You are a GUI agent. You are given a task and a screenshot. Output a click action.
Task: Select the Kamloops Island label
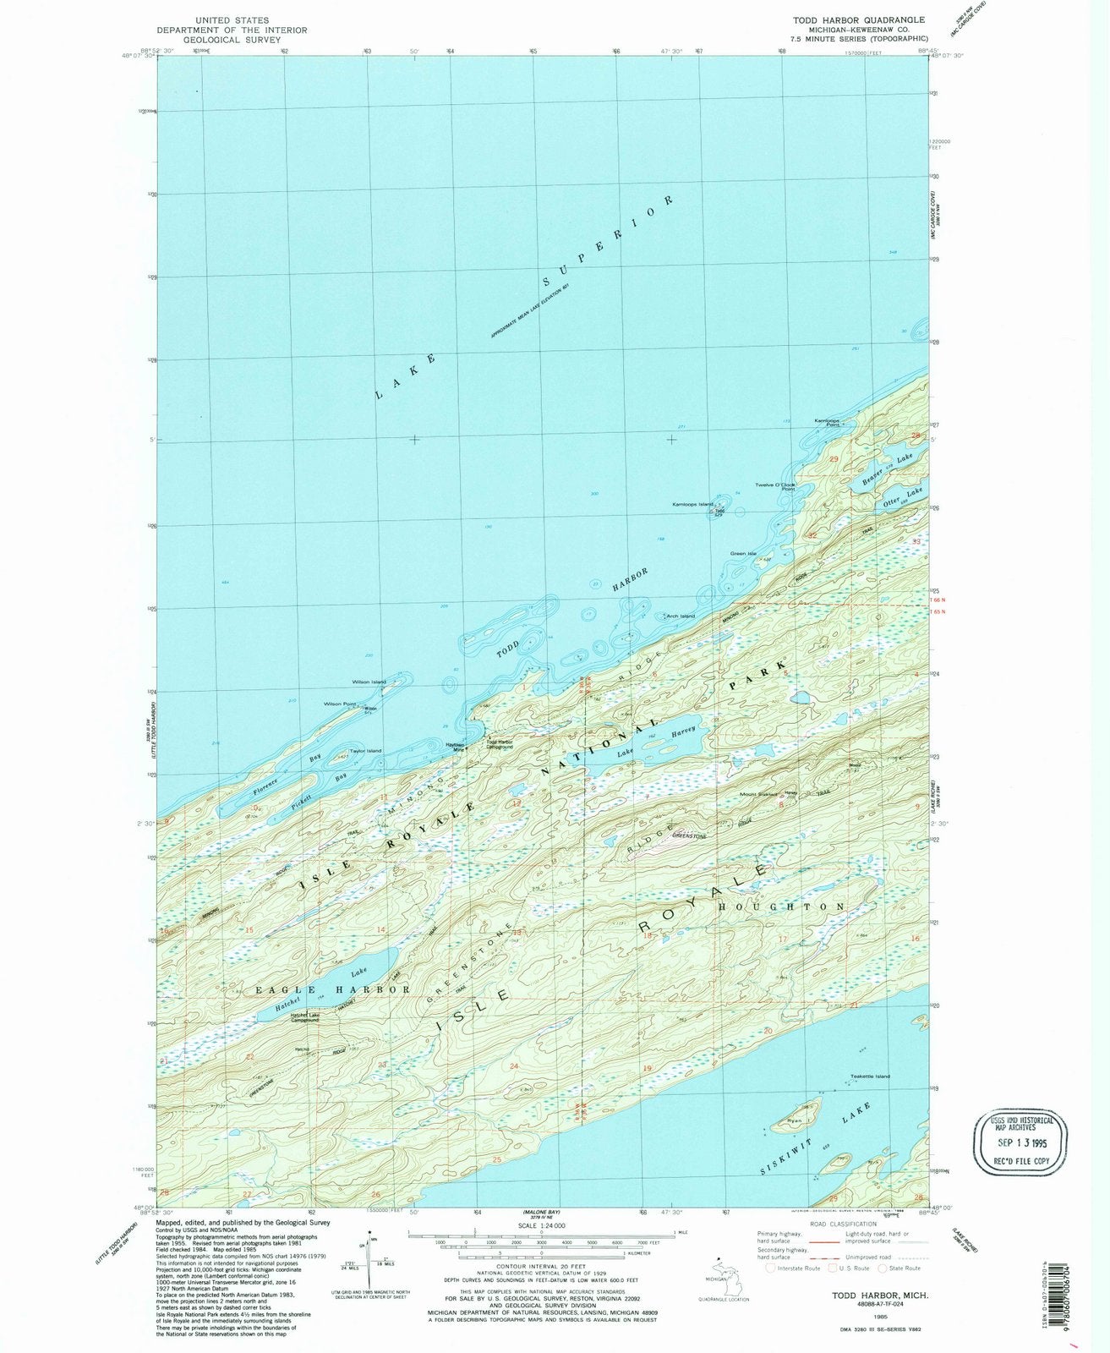[692, 505]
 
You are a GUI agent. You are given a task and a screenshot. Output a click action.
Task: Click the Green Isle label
[743, 554]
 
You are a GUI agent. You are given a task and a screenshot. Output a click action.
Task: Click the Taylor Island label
[365, 751]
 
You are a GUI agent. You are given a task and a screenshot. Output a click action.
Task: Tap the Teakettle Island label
[870, 1076]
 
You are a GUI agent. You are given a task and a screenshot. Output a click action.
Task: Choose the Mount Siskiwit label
[759, 794]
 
